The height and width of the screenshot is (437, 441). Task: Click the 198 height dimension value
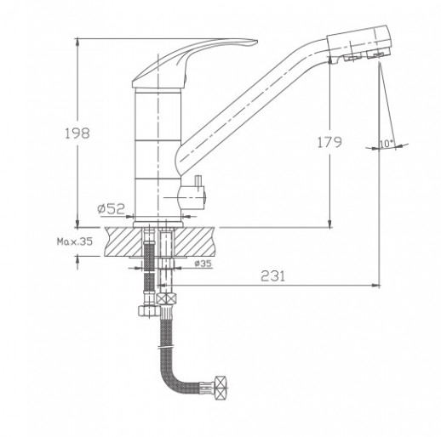click(77, 133)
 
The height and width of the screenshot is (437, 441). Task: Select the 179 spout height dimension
click(329, 142)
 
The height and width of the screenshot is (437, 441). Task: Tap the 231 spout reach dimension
click(272, 275)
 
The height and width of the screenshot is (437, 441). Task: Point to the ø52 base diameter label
click(111, 209)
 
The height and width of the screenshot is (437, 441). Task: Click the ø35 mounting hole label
click(203, 264)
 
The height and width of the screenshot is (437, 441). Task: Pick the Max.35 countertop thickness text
click(75, 241)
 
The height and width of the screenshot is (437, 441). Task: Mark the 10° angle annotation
click(387, 144)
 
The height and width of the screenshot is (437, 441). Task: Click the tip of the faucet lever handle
click(257, 42)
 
